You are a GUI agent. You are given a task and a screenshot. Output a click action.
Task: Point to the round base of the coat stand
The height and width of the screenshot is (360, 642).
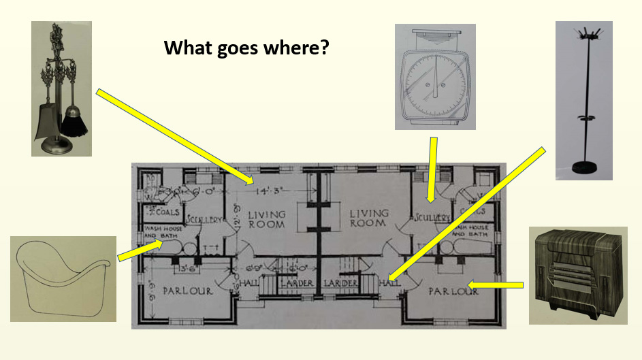pos(583,166)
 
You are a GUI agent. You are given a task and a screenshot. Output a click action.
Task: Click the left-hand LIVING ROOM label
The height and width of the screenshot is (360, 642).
pos(266,218)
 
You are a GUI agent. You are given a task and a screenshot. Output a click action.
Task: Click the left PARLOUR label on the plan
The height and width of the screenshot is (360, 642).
pos(188,291)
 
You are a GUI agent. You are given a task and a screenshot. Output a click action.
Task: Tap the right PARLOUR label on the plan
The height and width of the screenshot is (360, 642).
pos(453,291)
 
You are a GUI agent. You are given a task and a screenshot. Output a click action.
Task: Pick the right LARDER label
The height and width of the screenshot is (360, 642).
pos(340,282)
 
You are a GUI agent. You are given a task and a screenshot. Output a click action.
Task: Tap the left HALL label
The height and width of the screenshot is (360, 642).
pos(247,282)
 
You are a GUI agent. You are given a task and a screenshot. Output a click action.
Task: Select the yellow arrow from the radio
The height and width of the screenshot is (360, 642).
pos(495,284)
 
